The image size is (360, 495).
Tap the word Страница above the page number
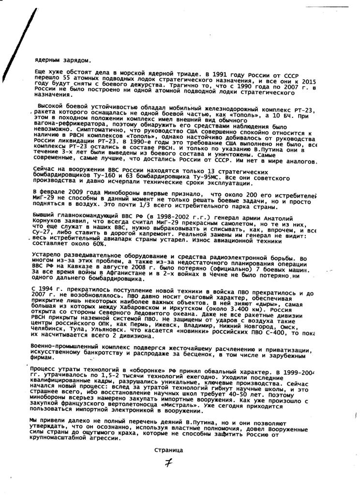tap(168, 450)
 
